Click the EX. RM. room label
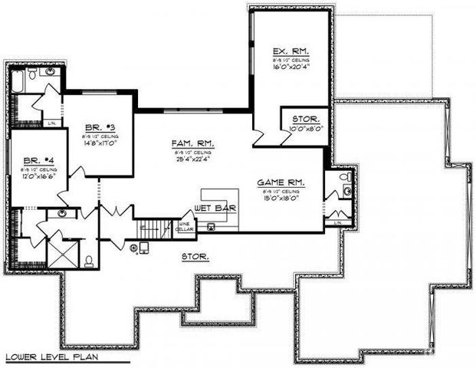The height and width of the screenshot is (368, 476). pos(290,51)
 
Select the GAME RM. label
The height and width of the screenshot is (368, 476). pos(281,182)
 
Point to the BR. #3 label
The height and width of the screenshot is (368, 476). pos(94,127)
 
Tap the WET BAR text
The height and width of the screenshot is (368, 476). pos(215,209)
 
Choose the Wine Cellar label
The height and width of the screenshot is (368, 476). pos(185,227)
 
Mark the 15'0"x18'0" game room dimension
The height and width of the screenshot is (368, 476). pos(281,199)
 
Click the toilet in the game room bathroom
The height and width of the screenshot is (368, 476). pos(347,189)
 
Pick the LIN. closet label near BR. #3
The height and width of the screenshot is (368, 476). pos(52,123)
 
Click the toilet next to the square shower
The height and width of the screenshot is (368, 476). pos(89,261)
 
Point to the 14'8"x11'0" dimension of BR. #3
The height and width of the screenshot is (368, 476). pos(97,143)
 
